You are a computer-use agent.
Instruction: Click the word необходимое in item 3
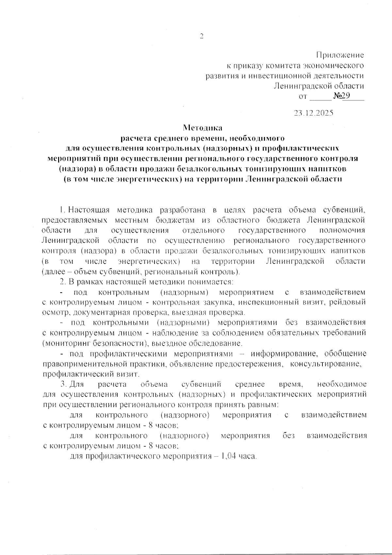[x=342, y=384]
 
